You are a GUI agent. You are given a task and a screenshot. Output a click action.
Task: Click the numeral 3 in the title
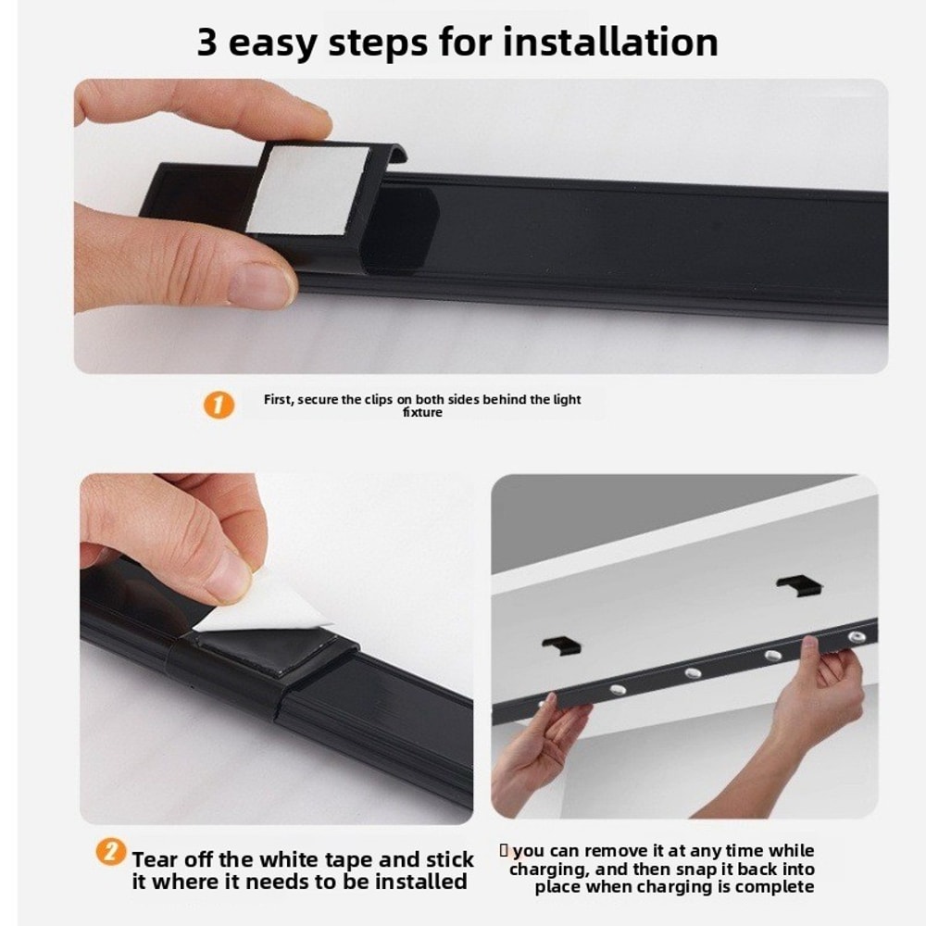pos(207,43)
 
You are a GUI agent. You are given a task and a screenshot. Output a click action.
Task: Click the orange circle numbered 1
pos(219,405)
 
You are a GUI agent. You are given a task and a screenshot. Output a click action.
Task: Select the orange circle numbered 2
pos(111,852)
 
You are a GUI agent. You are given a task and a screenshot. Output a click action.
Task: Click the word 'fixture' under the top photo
pos(422,412)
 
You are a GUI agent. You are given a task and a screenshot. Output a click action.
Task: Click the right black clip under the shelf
pos(799,584)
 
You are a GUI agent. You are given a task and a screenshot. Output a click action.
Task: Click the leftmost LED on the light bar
pos(616,691)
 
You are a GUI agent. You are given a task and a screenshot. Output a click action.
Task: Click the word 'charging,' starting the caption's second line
pos(546,870)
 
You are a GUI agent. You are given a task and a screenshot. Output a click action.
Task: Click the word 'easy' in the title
pos(274,44)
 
